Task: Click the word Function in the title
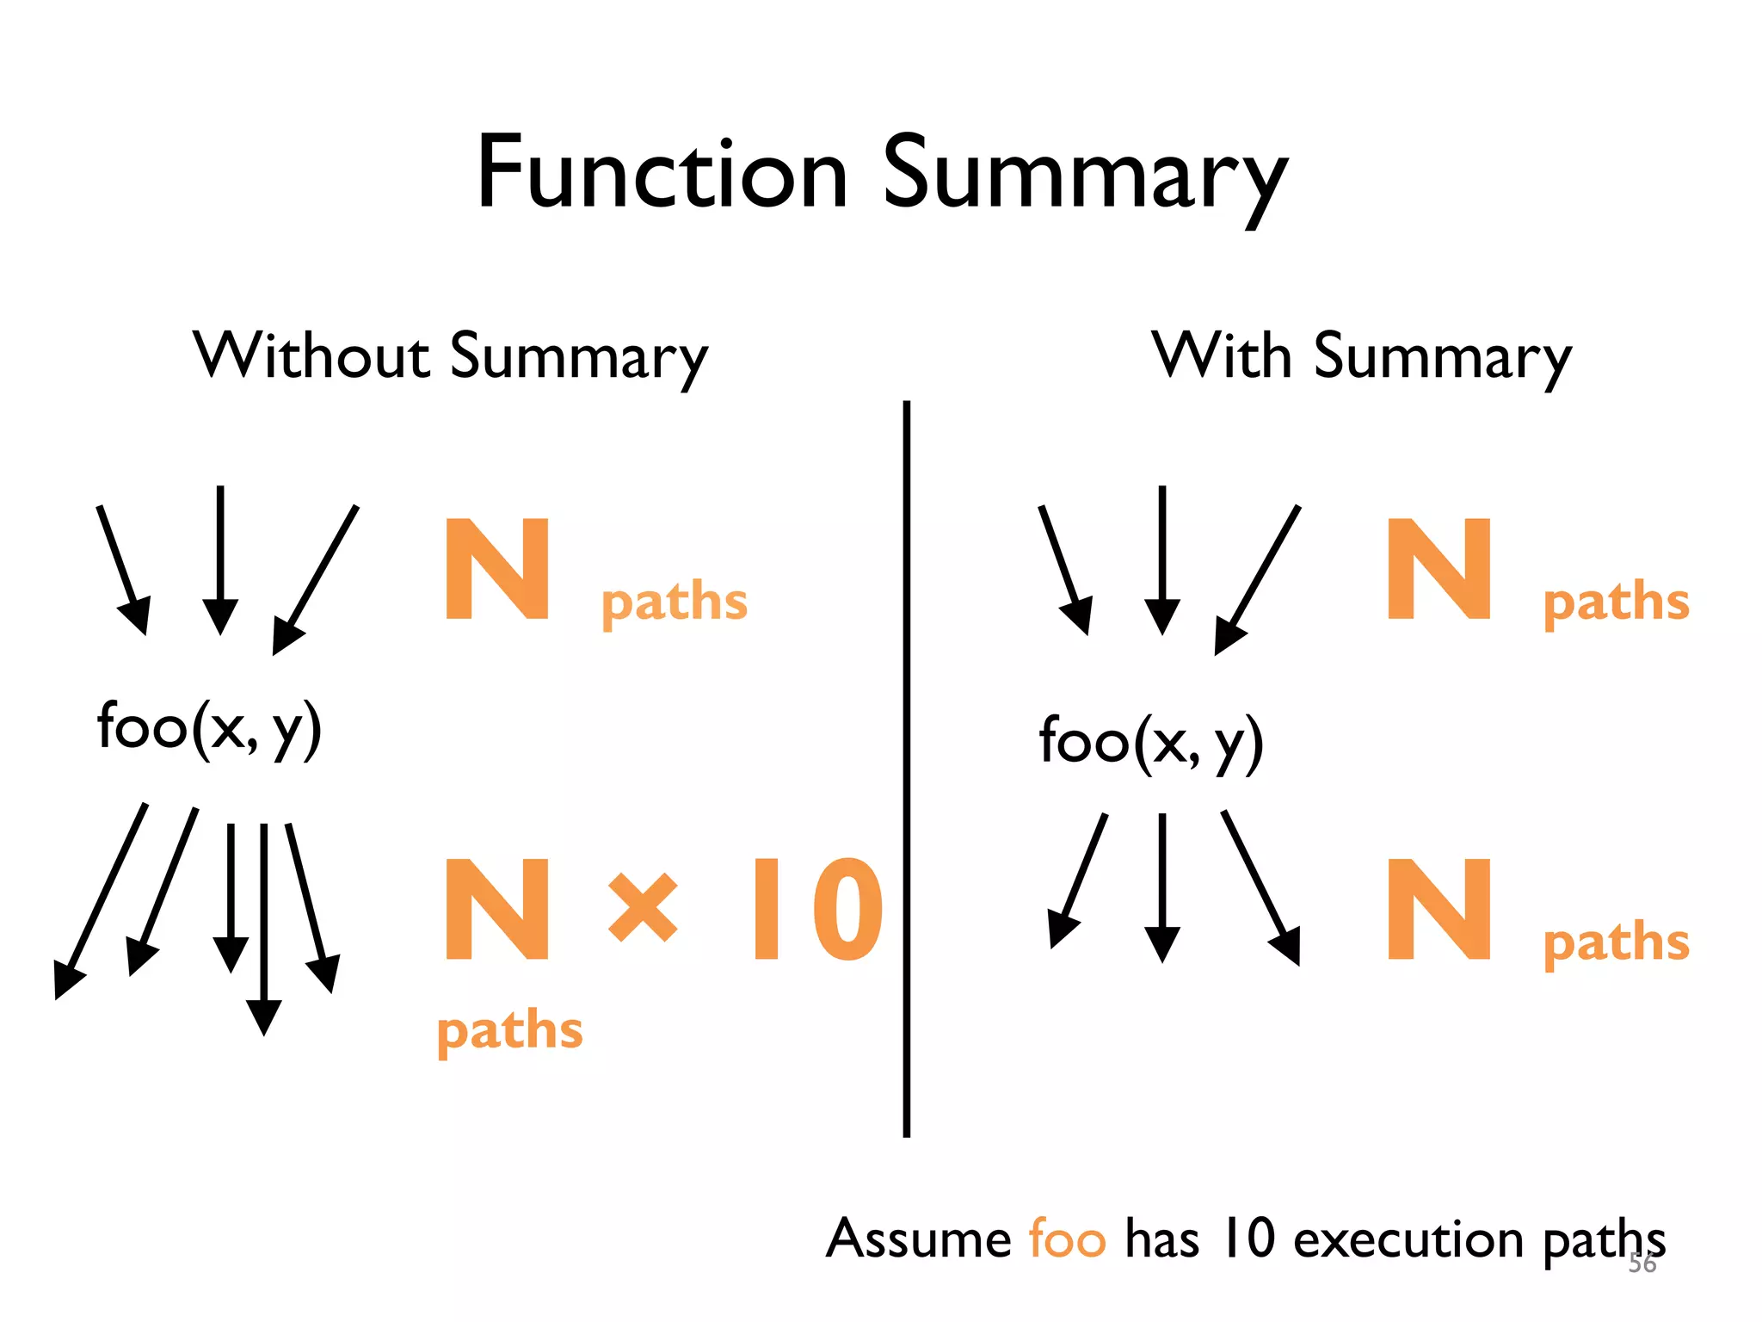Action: pos(662,175)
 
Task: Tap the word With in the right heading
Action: pos(1223,355)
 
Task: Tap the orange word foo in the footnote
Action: pos(1067,1240)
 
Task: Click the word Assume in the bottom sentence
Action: pos(919,1239)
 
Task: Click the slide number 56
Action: pos(1642,1263)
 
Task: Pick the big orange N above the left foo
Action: pos(497,569)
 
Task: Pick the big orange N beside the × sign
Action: pos(497,910)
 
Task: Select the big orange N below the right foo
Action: pos(1439,910)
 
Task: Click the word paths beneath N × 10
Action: pos(510,1031)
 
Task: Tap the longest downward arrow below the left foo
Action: pos(264,930)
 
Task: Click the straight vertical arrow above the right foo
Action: pos(1162,559)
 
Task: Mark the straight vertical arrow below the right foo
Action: pos(1162,886)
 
